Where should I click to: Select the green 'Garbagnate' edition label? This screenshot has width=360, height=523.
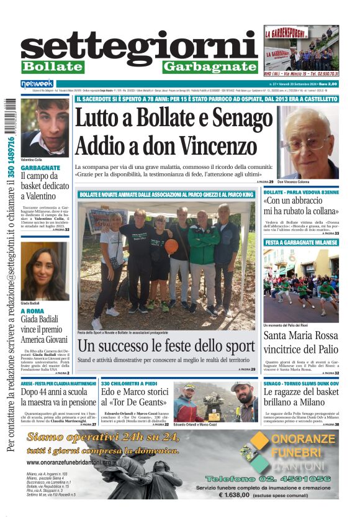(210, 66)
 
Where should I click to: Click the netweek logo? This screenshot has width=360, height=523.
(37, 83)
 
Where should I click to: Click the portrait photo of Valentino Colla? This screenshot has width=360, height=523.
(44, 127)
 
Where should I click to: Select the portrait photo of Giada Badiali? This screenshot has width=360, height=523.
(44, 271)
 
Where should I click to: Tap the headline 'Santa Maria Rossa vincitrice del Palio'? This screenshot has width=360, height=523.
(300, 342)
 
